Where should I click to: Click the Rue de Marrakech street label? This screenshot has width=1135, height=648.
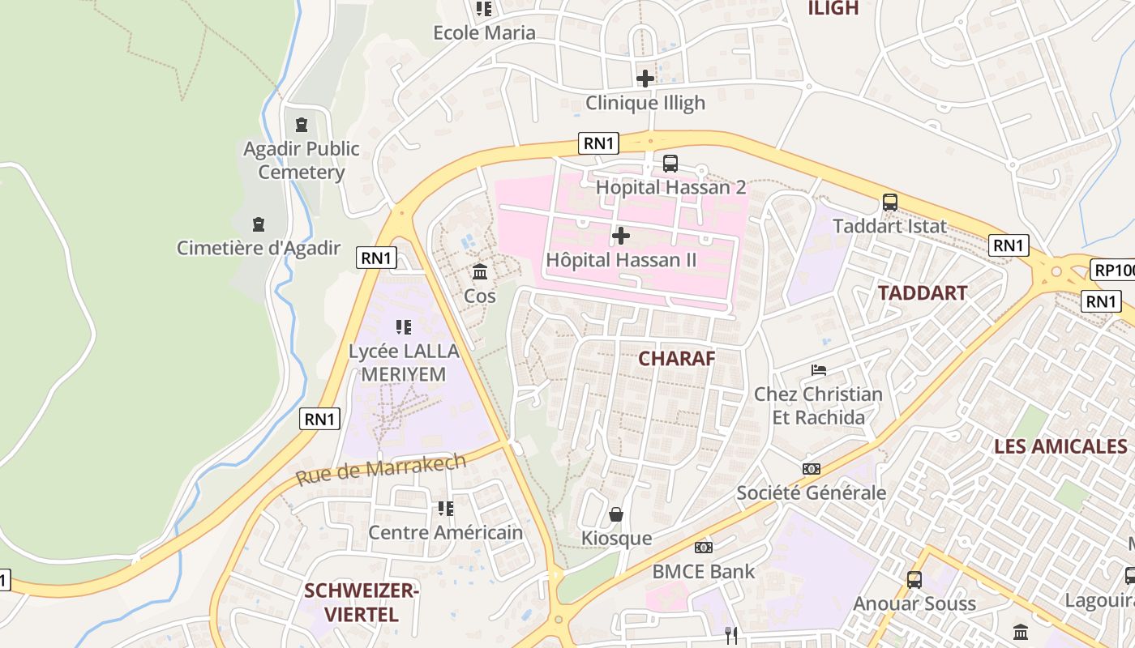[381, 470]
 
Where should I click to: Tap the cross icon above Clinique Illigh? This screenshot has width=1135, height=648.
[645, 79]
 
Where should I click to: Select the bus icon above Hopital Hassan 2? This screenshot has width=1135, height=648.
[670, 164]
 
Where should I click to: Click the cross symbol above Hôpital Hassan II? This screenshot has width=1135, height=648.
[621, 236]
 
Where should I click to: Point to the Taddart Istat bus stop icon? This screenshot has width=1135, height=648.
[890, 202]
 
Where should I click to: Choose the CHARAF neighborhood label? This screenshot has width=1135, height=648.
[677, 358]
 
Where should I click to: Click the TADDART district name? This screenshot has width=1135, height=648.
[923, 293]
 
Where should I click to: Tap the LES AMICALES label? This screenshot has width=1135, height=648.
[1060, 446]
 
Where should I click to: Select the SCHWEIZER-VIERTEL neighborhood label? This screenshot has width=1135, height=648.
[362, 603]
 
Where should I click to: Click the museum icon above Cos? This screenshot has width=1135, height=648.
[480, 271]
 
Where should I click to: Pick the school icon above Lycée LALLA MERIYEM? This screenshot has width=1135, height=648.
[404, 327]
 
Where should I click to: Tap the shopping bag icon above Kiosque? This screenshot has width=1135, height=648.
[616, 514]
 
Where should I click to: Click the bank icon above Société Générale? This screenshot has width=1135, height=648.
[811, 469]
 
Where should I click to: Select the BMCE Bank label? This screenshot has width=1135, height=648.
[704, 571]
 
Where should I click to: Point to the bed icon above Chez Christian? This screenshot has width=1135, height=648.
[819, 370]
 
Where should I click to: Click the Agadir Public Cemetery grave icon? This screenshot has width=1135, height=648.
[302, 125]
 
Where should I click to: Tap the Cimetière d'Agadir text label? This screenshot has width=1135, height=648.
[259, 248]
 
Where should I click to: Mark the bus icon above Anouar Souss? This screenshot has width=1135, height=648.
[914, 580]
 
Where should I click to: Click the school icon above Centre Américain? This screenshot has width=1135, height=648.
[446, 509]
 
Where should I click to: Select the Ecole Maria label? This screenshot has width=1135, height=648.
[485, 32]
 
